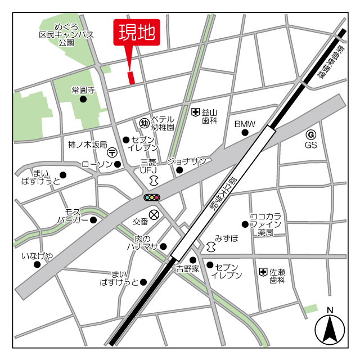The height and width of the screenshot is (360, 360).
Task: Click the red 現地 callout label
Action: coord(137,33)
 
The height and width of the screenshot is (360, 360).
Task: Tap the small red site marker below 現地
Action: coord(132,78)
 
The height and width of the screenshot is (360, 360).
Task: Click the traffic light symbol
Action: coord(152,197)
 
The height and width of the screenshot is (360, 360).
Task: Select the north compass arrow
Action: coord(330,328)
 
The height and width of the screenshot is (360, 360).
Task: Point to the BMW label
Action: coord(245,124)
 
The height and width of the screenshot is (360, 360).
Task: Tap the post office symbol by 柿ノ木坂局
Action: coord(112,152)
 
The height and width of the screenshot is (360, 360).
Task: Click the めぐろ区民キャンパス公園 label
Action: coord(66,34)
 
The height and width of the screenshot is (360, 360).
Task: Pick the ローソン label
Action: coord(97,164)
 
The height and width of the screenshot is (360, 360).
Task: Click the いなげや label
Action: coord(38,256)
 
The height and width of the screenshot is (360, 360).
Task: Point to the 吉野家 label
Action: coord(187,269)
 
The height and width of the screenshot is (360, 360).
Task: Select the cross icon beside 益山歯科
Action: coord(195,112)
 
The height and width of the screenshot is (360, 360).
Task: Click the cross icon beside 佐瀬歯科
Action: coord(263,272)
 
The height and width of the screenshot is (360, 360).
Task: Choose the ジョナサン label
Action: coord(186,161)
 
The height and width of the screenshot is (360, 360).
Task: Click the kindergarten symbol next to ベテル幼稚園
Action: coord(143,123)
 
